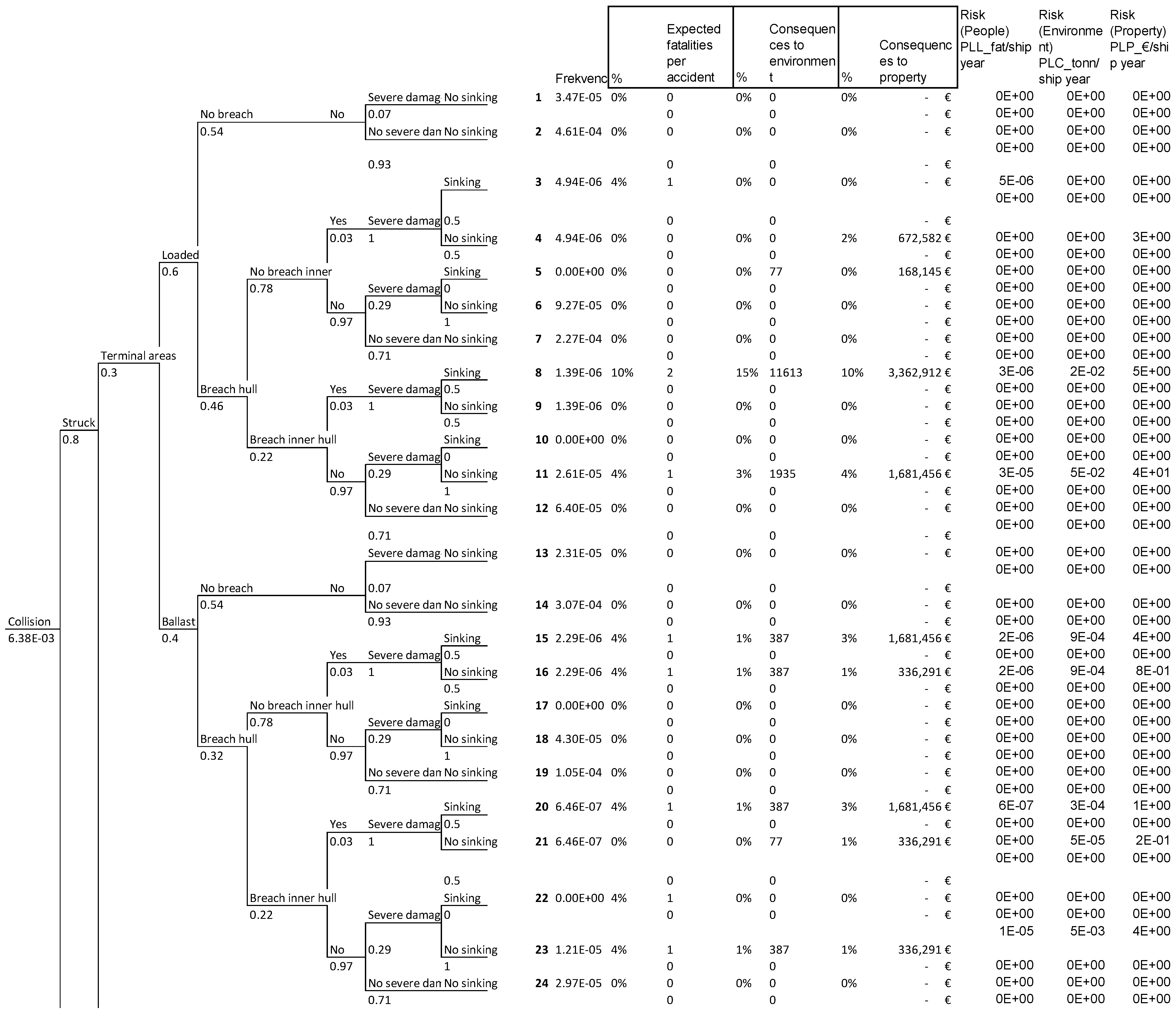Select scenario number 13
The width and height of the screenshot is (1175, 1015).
[x=542, y=553]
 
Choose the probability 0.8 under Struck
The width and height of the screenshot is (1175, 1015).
[x=70, y=439]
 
